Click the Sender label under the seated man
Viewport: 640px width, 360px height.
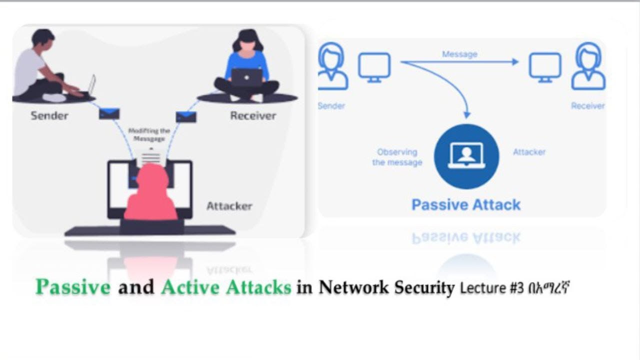(x=48, y=115)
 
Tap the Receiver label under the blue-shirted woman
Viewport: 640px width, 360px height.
(x=253, y=115)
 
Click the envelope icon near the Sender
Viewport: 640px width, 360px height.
(x=109, y=113)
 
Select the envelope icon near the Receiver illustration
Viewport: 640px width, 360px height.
(x=186, y=117)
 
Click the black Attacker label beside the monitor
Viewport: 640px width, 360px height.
(x=229, y=206)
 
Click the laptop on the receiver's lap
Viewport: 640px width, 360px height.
(x=246, y=77)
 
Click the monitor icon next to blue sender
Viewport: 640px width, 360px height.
(x=374, y=66)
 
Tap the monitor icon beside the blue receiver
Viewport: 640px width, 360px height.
(x=545, y=67)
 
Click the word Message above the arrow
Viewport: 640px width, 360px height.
(x=459, y=54)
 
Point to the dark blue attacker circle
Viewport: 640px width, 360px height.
(x=466, y=156)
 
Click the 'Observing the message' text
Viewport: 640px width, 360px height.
(x=397, y=157)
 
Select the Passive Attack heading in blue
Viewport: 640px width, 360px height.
(x=466, y=204)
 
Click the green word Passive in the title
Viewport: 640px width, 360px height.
(x=73, y=287)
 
